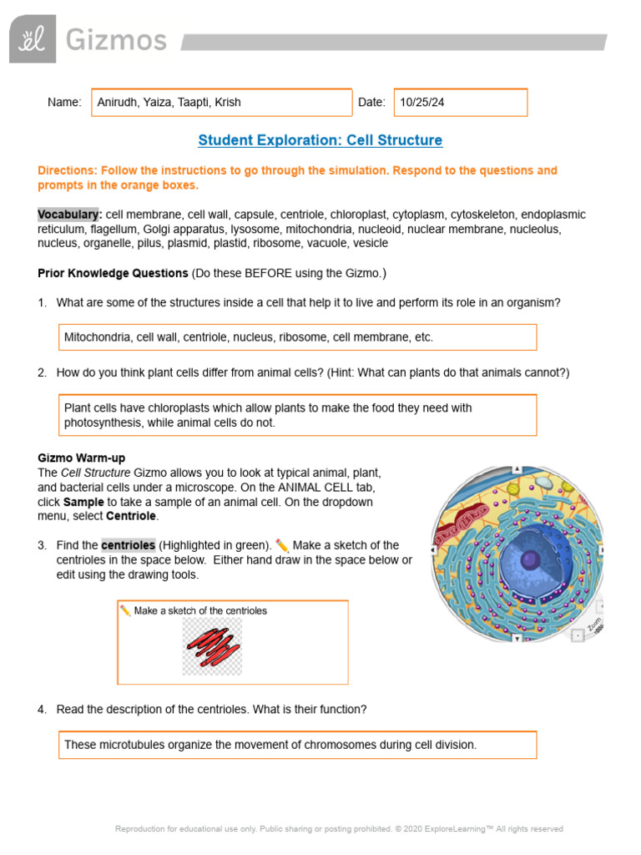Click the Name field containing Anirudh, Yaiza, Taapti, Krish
221,103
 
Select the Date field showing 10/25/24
460,103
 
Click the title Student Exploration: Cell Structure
320,140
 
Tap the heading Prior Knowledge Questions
113,273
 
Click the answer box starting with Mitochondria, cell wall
296,337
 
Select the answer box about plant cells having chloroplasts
296,416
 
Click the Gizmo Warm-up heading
82,458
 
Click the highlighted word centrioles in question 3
128,545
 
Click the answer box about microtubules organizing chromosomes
296,745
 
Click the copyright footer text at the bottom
339,829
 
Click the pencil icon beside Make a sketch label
125,610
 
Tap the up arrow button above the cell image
517,469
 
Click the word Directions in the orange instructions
67,170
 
